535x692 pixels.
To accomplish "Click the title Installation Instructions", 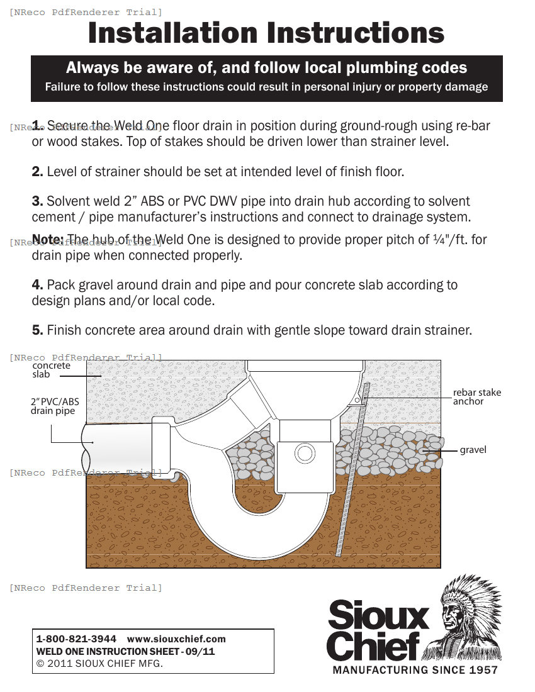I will (266, 33).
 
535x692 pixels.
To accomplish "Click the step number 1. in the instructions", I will (38, 125).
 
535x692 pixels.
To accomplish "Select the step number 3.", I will (38, 201).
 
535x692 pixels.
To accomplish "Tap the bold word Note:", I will (48, 240).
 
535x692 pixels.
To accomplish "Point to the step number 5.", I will (38, 330).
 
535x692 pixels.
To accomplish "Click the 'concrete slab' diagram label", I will (51, 370).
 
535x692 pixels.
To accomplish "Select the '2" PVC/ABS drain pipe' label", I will (54, 406).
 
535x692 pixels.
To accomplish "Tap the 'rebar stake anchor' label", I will (476, 397).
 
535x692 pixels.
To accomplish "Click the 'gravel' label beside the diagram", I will (473, 450).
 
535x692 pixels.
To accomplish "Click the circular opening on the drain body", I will (305, 454).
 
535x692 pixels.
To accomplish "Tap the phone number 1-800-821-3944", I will (76, 639).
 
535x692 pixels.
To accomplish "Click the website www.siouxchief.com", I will (176, 639).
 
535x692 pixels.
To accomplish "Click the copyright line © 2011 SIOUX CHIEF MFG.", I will (99, 664).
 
